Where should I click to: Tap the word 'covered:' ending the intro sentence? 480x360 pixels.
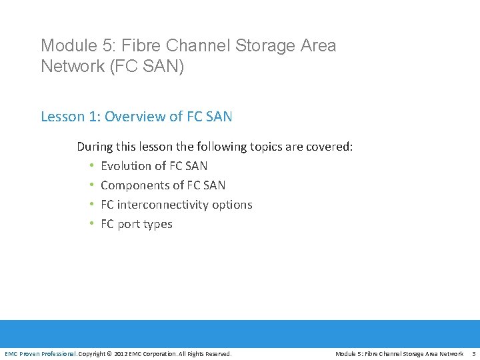[x=331, y=147]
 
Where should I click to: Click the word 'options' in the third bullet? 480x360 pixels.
[x=233, y=205]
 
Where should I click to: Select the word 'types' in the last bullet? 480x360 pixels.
[x=157, y=224]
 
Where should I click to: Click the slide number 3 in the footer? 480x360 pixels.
[x=473, y=353]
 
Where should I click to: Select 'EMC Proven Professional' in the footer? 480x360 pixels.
[x=40, y=353]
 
